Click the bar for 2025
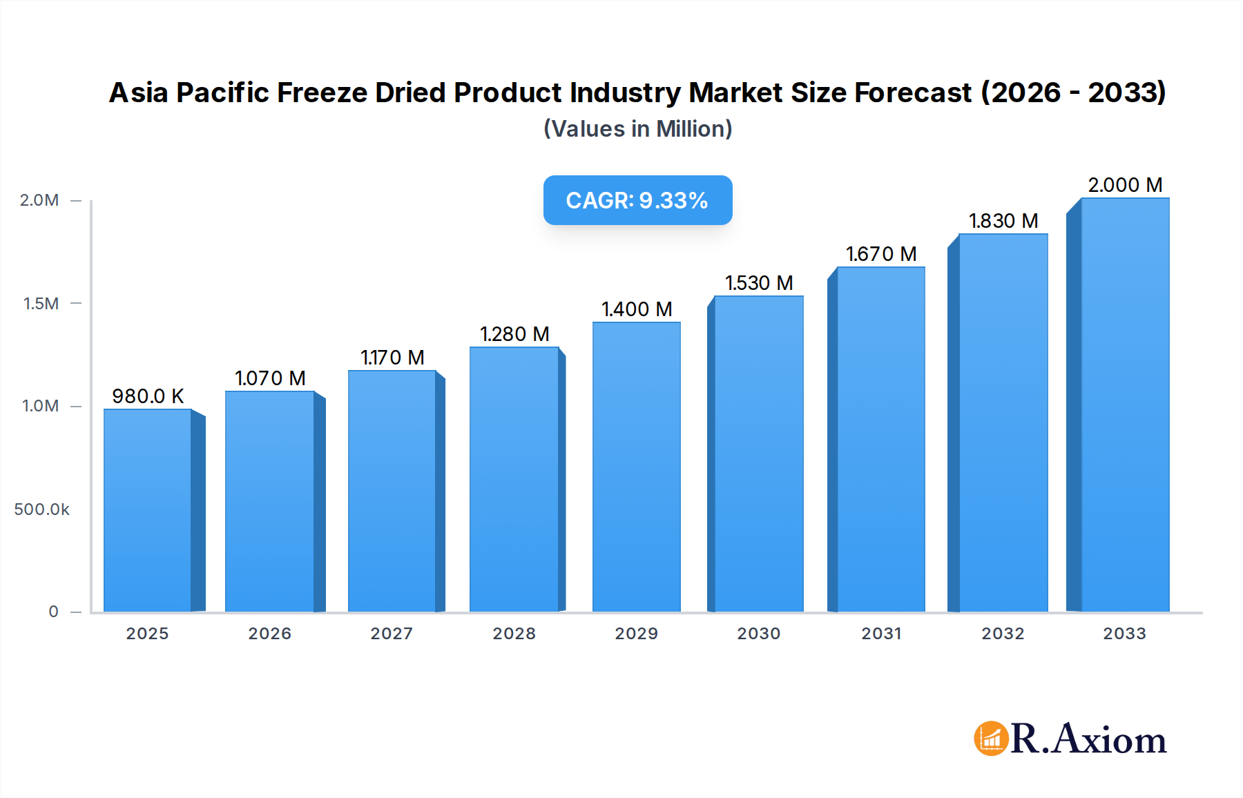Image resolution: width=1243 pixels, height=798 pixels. coord(148,511)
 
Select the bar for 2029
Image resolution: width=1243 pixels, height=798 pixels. coord(636,467)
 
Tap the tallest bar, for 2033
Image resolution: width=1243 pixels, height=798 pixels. coord(1124,405)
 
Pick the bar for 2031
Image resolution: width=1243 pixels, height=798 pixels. coord(880,439)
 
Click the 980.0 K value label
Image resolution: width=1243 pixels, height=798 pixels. coord(148,396)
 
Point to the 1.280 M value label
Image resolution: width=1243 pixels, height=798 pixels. coord(514,334)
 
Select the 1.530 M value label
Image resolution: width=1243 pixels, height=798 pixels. coord(759,283)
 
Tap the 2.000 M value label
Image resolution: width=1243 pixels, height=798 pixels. coord(1125,185)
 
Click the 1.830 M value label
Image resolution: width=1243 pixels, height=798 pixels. coord(1003,221)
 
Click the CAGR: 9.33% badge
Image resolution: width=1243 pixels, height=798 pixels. coord(637,200)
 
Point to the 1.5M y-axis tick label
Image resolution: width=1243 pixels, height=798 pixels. coord(41,304)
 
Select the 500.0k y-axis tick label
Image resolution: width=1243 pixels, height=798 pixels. coord(41,509)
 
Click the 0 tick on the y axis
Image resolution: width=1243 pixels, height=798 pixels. coord(53,612)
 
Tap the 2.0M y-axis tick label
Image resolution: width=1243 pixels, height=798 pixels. coord(39,200)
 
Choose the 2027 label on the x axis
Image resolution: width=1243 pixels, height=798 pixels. coord(392,634)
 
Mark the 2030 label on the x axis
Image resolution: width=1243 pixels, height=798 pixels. coord(758,634)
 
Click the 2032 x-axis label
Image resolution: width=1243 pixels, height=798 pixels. coord(1003,634)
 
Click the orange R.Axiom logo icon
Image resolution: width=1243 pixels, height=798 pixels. coord(991,739)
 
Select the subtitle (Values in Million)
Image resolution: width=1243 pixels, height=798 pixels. coord(637,129)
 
